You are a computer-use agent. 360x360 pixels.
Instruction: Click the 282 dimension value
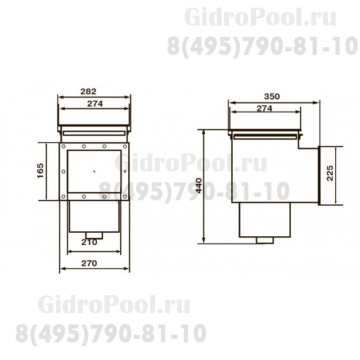94,91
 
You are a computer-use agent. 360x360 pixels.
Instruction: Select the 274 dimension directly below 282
94,103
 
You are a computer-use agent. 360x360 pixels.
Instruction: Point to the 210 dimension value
90,243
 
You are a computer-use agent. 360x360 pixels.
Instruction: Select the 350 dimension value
272,96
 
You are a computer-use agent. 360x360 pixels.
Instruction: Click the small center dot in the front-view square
94,171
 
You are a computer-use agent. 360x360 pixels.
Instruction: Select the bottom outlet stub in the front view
94,235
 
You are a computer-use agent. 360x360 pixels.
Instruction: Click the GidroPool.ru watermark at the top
261,19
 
